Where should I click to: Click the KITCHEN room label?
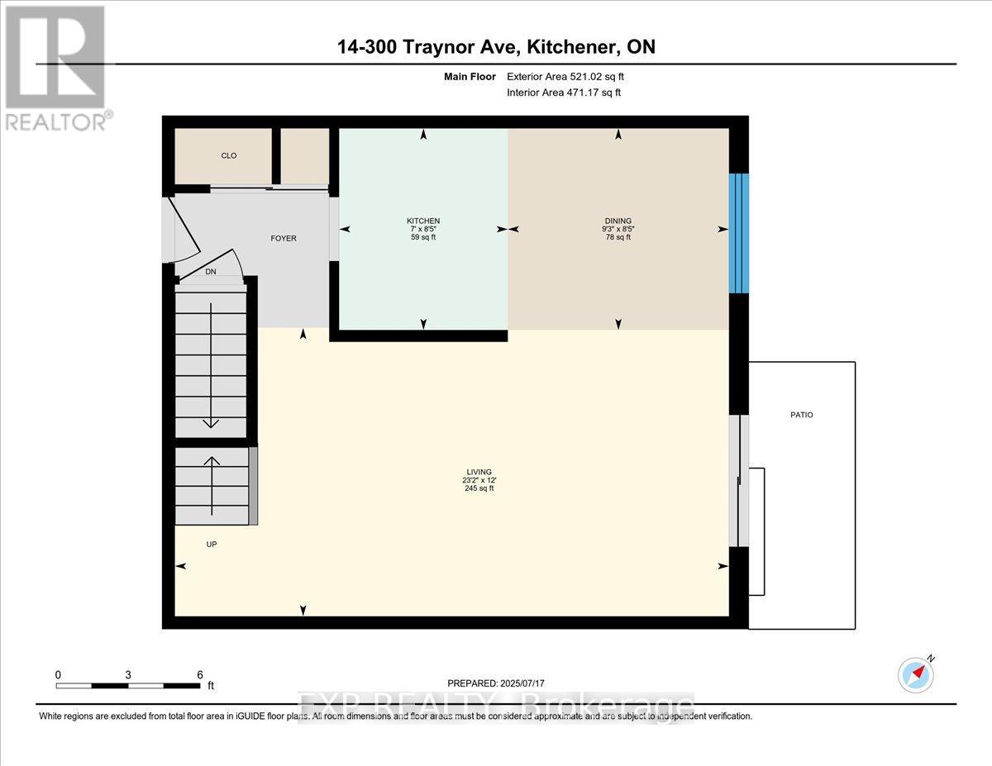click(422, 221)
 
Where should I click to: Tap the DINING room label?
click(618, 221)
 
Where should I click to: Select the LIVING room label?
click(479, 472)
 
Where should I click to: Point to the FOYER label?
click(284, 238)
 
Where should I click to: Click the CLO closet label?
click(228, 155)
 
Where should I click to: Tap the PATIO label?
click(801, 415)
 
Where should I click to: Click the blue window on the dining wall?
click(738, 233)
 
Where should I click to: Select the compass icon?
click(915, 674)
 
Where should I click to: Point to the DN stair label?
click(210, 271)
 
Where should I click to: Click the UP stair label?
click(211, 544)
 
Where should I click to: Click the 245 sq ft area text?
click(479, 488)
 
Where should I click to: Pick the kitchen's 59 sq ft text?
click(422, 237)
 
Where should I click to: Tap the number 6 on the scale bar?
click(199, 674)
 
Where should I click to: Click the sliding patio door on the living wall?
click(737, 480)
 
